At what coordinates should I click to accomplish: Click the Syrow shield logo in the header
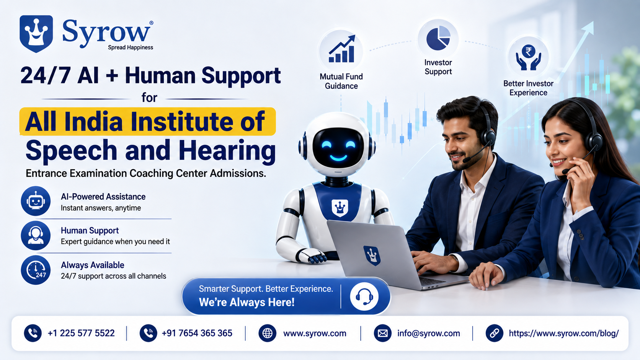(x=36, y=34)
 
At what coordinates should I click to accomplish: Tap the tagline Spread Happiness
(x=130, y=47)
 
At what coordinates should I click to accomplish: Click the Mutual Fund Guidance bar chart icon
(x=342, y=49)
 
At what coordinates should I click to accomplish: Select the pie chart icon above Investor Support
(x=438, y=38)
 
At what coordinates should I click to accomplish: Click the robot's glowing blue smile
(x=338, y=158)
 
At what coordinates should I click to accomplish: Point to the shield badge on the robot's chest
(x=340, y=208)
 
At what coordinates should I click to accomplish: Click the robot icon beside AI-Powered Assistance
(x=36, y=201)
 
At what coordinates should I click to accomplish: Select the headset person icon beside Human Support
(x=36, y=236)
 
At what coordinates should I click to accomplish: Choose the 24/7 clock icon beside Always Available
(x=36, y=270)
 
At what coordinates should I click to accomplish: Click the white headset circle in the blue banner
(x=364, y=296)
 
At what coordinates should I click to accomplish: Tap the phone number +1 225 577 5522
(x=81, y=333)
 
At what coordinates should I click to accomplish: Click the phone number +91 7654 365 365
(x=197, y=333)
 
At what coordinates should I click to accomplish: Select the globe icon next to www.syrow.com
(x=268, y=333)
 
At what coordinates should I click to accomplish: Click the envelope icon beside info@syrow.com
(x=382, y=333)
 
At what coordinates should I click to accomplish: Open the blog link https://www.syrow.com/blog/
(x=564, y=333)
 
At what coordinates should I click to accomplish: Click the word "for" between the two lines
(x=149, y=98)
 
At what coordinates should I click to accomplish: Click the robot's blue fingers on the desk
(x=317, y=259)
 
